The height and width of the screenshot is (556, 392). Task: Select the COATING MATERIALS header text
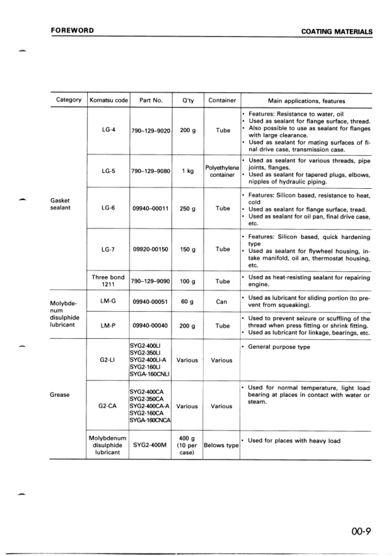[336, 32]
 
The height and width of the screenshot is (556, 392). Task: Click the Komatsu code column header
[108, 100]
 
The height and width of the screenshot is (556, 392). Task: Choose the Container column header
[221, 100]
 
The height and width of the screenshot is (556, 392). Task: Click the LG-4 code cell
[108, 130]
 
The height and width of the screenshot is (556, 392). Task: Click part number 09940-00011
[151, 209]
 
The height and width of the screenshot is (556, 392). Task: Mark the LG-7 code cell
[108, 250]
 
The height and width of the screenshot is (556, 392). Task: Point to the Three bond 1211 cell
[108, 281]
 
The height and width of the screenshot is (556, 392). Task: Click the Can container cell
[221, 301]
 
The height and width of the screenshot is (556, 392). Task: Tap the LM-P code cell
[108, 326]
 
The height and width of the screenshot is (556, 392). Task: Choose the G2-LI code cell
[108, 361]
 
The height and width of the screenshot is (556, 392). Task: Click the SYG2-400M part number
[151, 444]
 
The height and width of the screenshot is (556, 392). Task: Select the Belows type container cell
[221, 445]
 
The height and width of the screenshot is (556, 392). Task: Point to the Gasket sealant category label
[63, 204]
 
